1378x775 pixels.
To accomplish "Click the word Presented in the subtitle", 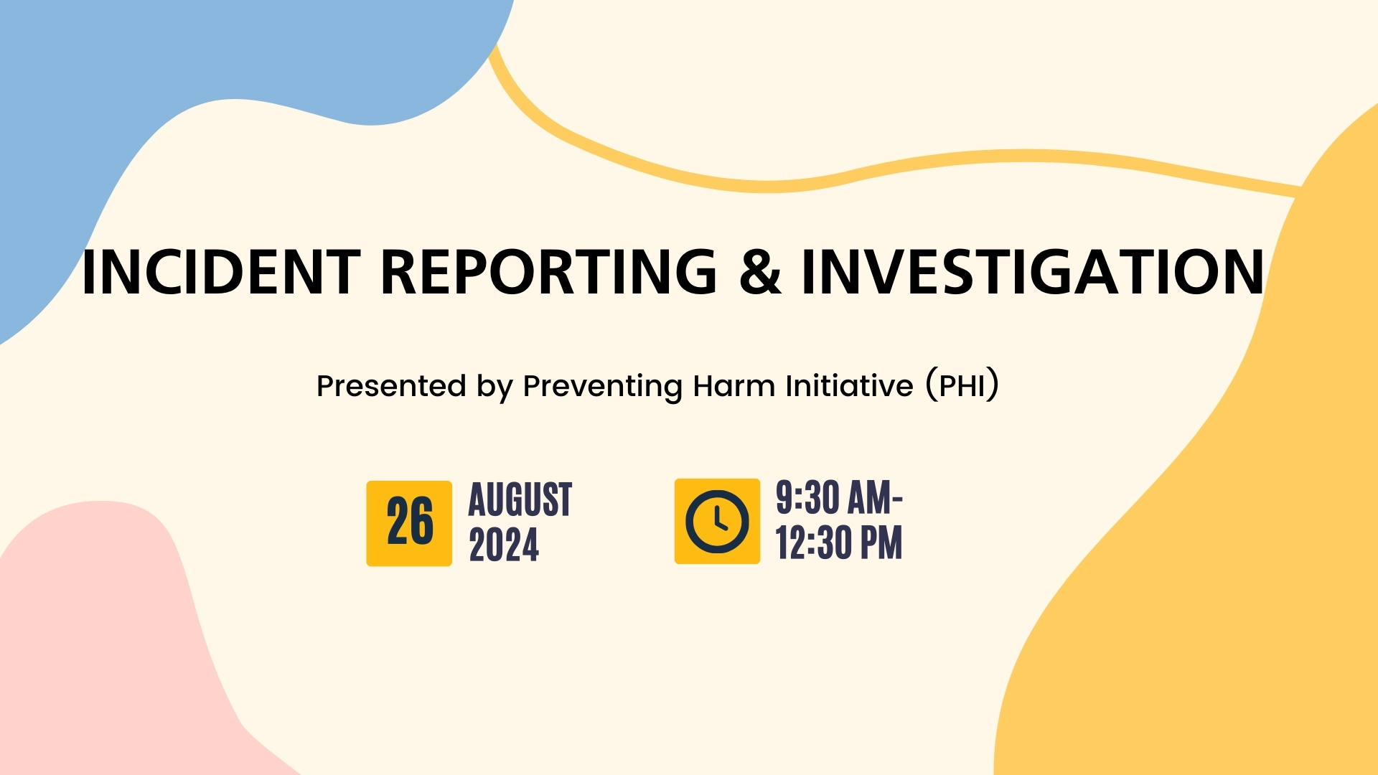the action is [391, 386].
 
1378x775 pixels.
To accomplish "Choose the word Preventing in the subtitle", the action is [602, 387].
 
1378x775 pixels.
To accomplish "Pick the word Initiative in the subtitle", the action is [849, 386].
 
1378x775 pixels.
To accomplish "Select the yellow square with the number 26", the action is [409, 523].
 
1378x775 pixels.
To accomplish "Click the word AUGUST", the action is [520, 499].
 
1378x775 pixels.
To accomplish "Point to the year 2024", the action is [504, 545].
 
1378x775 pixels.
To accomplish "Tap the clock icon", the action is [717, 521].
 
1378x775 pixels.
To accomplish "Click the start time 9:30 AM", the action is [837, 497].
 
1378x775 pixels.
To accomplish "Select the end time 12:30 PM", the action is [839, 542].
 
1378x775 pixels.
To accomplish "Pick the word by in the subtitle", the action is [495, 387].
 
